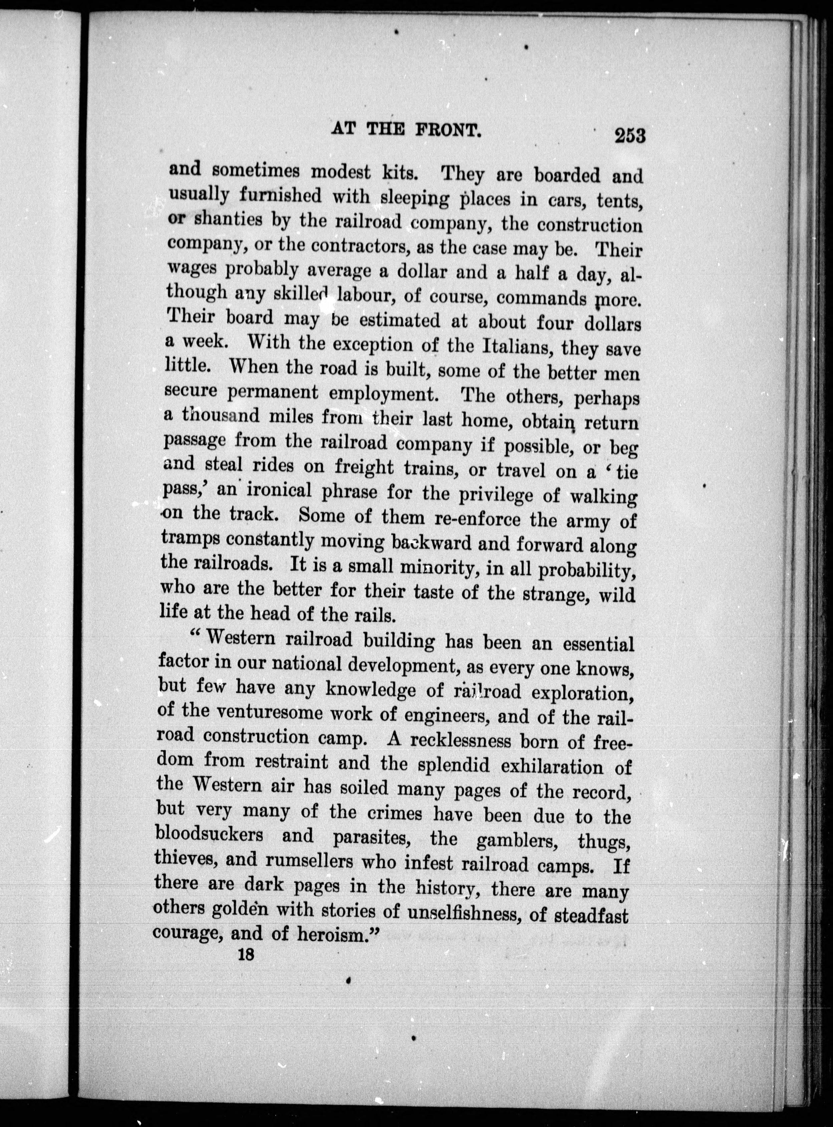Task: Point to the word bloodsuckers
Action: pos(209,835)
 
